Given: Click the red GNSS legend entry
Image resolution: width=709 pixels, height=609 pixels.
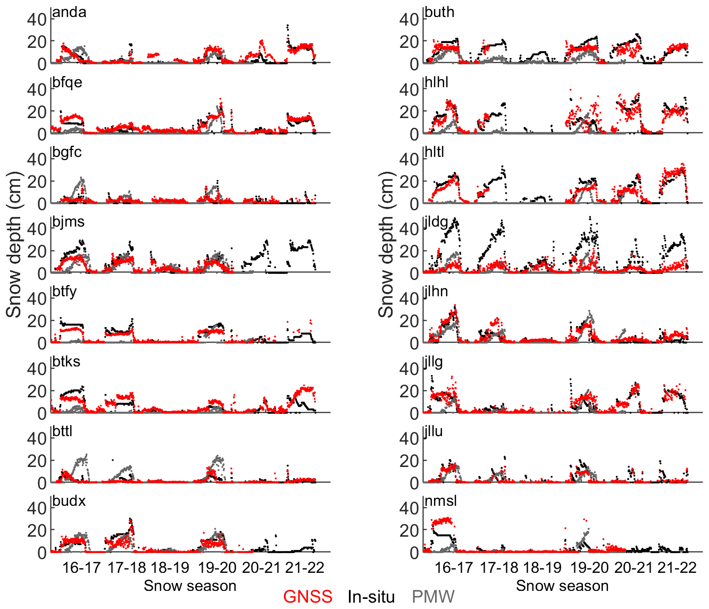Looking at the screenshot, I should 307,597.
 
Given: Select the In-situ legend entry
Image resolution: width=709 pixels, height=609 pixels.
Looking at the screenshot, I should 371,597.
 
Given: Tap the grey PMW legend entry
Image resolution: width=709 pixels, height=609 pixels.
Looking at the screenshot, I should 433,597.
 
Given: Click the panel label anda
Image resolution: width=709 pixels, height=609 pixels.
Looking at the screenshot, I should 70,12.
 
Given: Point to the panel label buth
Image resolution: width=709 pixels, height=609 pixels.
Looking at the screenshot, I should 440,12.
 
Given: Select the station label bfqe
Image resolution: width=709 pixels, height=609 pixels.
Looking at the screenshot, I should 68,82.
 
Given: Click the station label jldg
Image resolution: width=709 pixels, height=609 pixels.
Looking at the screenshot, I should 436,222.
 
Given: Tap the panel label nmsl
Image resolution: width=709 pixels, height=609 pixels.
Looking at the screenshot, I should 441,501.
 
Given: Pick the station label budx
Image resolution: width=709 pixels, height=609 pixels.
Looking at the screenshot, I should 69,501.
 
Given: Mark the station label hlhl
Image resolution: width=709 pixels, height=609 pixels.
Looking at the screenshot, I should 437,82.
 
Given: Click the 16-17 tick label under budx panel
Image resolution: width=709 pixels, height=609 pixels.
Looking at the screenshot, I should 81,568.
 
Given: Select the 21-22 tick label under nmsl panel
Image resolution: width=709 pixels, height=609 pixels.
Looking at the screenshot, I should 677,568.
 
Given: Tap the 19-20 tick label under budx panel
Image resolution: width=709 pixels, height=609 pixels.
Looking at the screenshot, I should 217,568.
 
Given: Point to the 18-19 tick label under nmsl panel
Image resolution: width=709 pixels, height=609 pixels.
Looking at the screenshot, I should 543,568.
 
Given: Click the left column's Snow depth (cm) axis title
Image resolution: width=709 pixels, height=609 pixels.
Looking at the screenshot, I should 14,245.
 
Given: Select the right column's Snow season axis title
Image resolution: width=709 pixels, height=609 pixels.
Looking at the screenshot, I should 562,586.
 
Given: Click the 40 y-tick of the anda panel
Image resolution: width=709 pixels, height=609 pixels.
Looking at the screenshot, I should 37,19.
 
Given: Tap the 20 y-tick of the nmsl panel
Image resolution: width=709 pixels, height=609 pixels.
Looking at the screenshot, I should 409,530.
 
